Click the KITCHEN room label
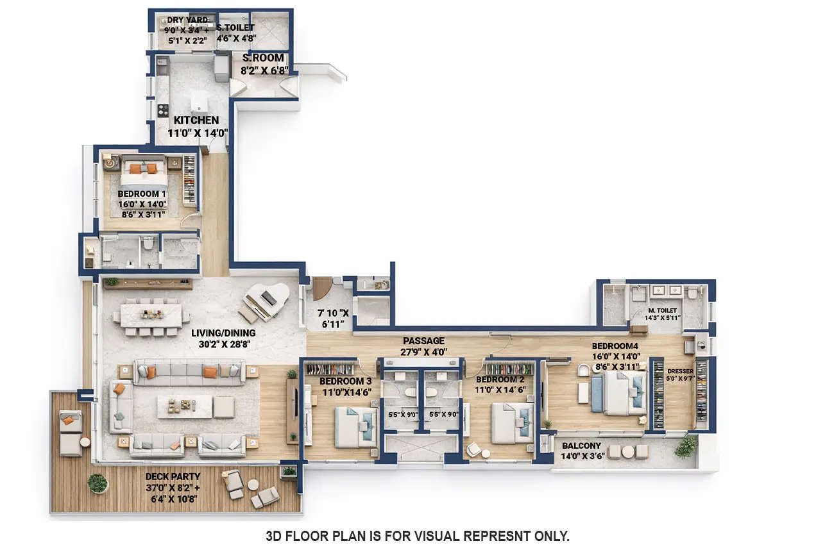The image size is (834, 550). point(196,120)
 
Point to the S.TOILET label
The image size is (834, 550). point(235,28)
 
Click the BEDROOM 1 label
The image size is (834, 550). point(142,194)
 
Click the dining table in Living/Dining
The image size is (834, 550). point(151,314)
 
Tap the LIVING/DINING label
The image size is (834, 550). point(223,333)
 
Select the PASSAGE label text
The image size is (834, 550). point(423,340)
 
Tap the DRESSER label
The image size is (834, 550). point(680,371)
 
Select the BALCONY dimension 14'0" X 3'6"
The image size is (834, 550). point(583,456)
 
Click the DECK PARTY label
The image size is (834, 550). point(173,476)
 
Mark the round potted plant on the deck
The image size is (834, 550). point(98,483)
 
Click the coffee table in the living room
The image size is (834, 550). point(184,406)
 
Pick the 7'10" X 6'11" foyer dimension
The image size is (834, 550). point(333,319)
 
